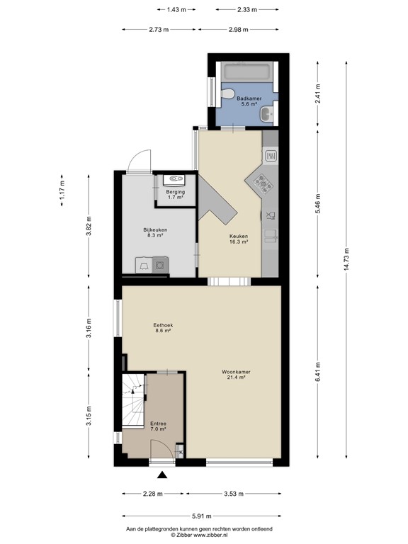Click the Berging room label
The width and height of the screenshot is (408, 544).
point(176,195)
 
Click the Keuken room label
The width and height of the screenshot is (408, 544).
point(238,239)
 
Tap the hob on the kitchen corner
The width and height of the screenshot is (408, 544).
point(263,183)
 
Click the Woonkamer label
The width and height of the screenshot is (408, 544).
point(233,374)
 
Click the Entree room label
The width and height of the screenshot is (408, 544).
point(157,426)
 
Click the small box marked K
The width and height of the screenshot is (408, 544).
point(180,452)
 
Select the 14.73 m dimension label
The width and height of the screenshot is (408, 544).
point(346,260)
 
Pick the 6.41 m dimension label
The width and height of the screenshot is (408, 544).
point(319,372)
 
